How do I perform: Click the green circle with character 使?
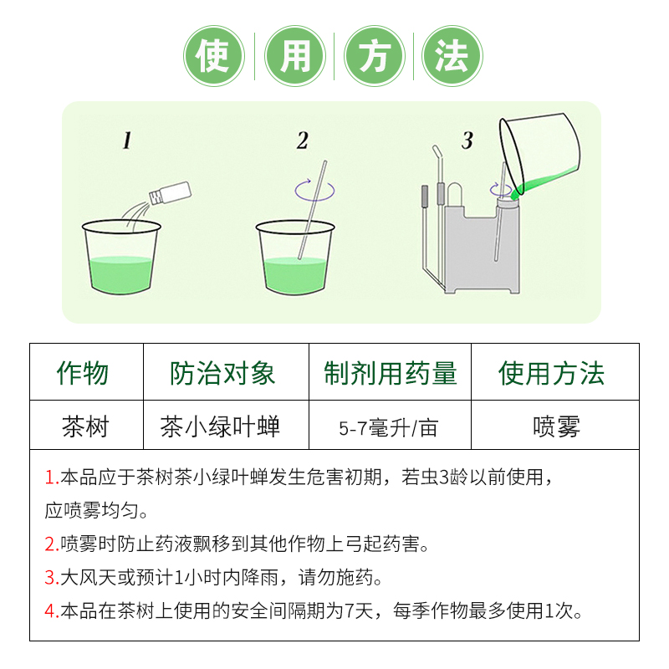point(214,56)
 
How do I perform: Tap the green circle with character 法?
point(452,56)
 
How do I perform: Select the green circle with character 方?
point(375,56)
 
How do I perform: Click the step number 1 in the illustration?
point(127,140)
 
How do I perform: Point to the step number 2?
point(303,140)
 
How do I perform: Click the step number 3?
point(467,140)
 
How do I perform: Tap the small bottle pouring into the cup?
point(171,193)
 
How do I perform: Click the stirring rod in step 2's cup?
point(312,210)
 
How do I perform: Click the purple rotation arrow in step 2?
point(315,191)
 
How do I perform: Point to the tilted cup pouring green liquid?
point(539,154)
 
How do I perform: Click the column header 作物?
point(83,373)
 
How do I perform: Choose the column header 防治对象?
point(222,373)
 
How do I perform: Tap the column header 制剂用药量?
point(391,373)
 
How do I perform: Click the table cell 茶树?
point(85,426)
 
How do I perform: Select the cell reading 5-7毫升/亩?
point(388,428)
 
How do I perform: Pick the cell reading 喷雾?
point(556,426)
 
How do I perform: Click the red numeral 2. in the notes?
point(52,544)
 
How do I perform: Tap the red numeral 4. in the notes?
point(52,611)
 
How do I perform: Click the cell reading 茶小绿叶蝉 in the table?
point(220,426)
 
